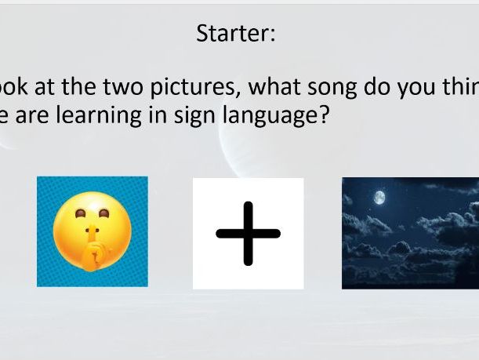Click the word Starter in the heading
[233, 34]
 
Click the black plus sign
[248, 233]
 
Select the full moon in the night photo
[380, 199]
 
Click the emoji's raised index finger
[92, 235]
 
